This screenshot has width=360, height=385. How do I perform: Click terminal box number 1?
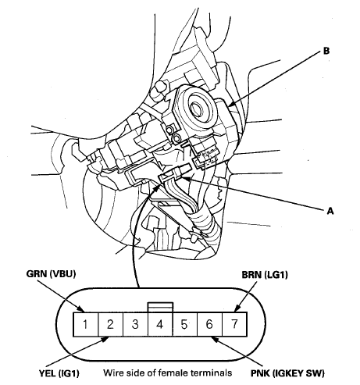86,324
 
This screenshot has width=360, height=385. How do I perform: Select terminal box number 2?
111,324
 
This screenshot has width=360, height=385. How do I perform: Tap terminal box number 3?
135,324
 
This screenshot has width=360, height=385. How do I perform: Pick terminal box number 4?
160,324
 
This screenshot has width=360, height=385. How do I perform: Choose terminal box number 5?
185,324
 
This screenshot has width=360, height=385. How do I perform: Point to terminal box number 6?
210,324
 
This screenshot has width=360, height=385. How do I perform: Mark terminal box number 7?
234,324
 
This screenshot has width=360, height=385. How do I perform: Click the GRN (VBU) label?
51,274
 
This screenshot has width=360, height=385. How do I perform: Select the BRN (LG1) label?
265,275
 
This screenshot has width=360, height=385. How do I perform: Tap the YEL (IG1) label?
59,373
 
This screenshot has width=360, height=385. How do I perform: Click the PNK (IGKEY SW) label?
287,373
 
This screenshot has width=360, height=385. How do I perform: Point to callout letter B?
326,51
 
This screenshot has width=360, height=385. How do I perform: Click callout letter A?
330,211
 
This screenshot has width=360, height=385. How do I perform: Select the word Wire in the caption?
112,373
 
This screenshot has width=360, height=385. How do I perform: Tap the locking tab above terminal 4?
160,307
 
